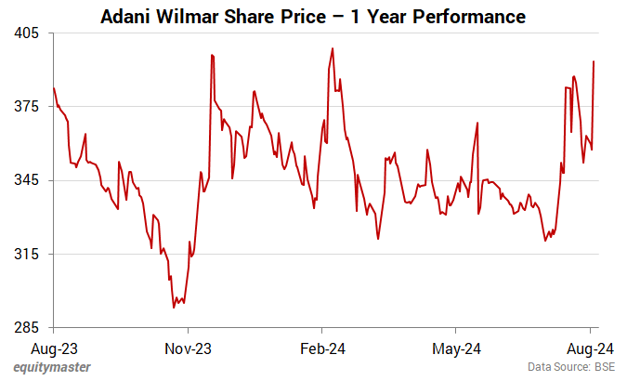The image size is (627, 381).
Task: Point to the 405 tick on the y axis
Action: [29, 33]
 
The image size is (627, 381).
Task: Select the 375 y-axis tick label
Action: [29, 107]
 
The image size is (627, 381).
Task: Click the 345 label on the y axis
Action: [29, 180]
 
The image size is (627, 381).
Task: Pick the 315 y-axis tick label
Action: [29, 254]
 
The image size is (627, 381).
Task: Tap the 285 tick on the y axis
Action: [29, 328]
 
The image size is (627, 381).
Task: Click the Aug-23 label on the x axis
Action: [54, 350]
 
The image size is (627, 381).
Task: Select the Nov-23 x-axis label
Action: [188, 350]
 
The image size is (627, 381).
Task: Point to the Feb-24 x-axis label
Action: [321, 350]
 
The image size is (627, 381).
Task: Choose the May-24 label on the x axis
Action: [456, 350]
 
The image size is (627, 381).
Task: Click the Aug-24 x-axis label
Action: [590, 350]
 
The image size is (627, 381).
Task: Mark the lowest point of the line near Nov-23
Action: [174, 307]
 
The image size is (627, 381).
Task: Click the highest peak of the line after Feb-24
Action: [333, 48]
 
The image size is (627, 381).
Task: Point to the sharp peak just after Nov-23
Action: [213, 55]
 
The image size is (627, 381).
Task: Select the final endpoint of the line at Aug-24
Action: [594, 61]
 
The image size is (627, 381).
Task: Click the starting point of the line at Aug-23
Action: [54, 88]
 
